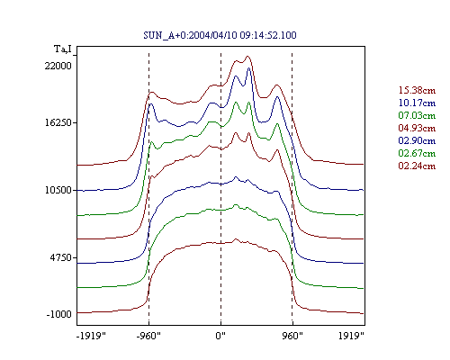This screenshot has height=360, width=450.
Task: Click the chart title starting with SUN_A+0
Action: [x=220, y=35]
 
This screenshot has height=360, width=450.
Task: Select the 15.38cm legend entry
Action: [x=417, y=90]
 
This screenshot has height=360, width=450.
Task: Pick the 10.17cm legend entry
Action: [x=417, y=103]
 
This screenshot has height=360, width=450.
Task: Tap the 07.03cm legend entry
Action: [x=417, y=115]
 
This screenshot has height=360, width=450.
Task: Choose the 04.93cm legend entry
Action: [x=417, y=128]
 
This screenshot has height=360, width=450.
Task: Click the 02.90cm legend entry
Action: [x=417, y=140]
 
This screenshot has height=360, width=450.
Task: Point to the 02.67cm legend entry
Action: [x=417, y=153]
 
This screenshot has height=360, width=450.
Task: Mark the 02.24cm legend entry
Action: [x=417, y=166]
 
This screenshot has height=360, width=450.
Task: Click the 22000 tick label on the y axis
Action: [x=58, y=66]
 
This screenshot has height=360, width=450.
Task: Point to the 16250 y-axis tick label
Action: [x=58, y=123]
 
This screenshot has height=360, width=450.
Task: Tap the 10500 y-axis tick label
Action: [x=58, y=190]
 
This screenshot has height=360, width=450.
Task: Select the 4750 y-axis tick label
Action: [x=61, y=257]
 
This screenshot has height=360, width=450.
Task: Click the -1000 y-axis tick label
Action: [x=59, y=314]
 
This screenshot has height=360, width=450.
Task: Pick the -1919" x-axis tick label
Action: [x=91, y=336]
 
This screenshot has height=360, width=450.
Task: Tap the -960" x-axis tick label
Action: [x=148, y=336]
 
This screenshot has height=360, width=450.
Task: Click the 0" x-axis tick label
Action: [x=220, y=336]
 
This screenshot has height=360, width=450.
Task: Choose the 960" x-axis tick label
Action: [x=292, y=336]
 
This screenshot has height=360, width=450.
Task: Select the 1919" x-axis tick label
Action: [x=351, y=336]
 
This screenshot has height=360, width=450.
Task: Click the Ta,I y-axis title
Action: [x=63, y=49]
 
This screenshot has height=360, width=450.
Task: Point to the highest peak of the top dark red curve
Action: [x=247, y=56]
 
